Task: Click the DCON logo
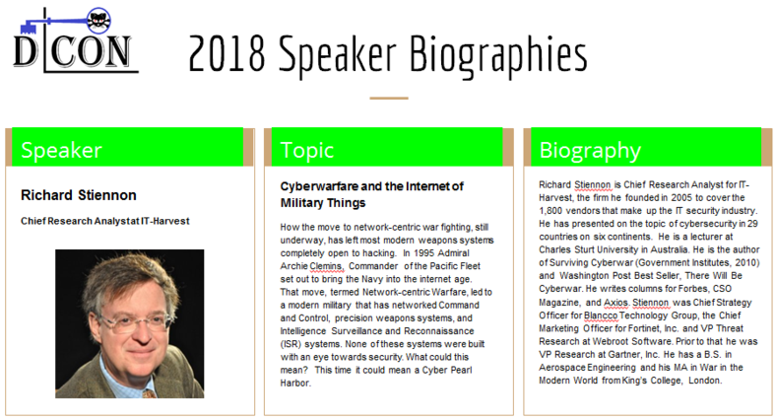tap(75, 40)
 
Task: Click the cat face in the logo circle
tap(98, 20)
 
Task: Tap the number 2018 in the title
tap(227, 53)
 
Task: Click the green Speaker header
tap(128, 147)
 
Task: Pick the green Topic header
tap(387, 147)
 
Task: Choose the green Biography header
tap(646, 147)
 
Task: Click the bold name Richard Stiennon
tap(79, 195)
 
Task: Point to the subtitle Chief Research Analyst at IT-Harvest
tap(105, 221)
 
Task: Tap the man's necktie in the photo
tap(149, 393)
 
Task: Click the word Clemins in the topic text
tap(326, 266)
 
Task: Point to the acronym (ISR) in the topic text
tap(290, 344)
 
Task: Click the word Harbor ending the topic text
tap(295, 383)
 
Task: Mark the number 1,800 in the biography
tap(550, 211)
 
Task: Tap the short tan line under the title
tap(389, 98)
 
